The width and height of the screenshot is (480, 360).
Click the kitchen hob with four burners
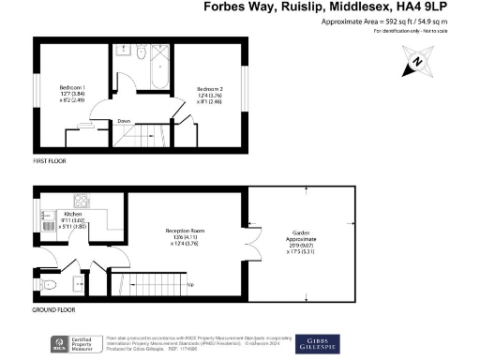(x=82, y=199)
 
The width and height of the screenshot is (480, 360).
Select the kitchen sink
(x=47, y=220)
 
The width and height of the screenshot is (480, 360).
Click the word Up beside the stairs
(x=191, y=285)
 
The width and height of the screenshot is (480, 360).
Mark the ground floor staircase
(x=148, y=281)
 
